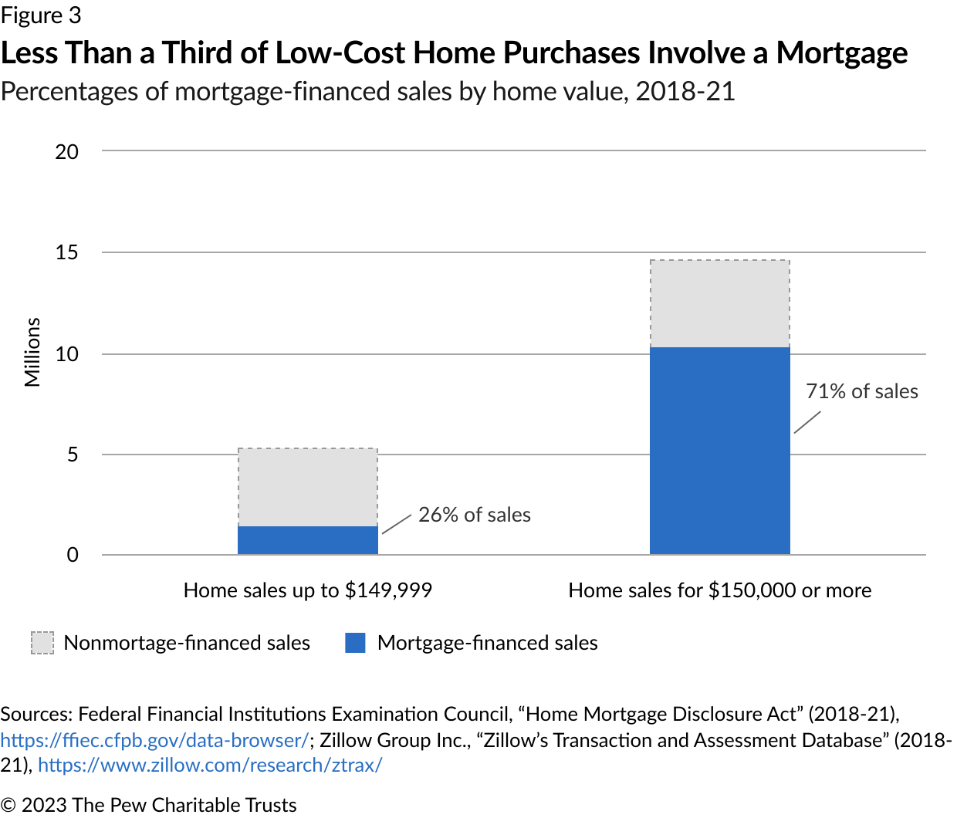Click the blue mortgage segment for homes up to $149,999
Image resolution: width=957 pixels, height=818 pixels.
pos(308,540)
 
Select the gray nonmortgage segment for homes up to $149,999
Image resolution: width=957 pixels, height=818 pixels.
pos(308,487)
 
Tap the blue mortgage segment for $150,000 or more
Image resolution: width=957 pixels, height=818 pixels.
pos(719,451)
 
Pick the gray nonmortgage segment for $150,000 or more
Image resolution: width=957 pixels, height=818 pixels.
pos(719,304)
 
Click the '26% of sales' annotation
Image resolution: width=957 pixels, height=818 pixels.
pos(475,515)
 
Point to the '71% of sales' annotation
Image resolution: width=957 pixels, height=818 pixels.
pos(861,391)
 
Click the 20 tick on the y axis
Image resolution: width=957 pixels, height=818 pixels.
pos(66,152)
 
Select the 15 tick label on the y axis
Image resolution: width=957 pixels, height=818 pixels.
pos(66,253)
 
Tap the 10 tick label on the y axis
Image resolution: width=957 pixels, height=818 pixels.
pos(66,355)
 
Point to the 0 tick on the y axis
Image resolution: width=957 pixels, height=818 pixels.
pos(73,555)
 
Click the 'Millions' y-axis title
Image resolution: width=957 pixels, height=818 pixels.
pos(32,353)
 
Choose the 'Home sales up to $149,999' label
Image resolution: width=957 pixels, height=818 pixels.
pos(308,590)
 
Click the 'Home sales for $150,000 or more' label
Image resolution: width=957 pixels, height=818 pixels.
pos(720,590)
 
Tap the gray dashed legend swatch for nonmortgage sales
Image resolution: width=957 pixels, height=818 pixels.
pos(42,643)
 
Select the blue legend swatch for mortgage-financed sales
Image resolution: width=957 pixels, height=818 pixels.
pos(355,643)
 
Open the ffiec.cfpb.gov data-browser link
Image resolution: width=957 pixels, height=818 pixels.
pos(154,740)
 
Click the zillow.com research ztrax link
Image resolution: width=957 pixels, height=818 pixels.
pos(210,766)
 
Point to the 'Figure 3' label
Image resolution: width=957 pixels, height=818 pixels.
pos(41,15)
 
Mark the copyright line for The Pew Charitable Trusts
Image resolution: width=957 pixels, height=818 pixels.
pos(148,805)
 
